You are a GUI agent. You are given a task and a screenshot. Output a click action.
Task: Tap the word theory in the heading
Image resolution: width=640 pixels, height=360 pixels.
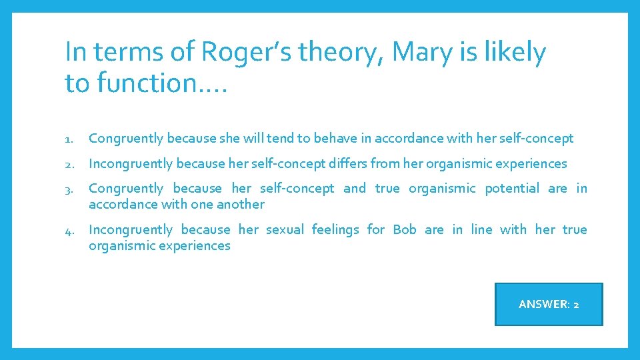point(330,53)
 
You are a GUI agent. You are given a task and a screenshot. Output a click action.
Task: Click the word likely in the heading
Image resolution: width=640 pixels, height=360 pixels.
point(513,53)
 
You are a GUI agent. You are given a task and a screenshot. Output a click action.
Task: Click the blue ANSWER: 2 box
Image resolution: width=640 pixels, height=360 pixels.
point(549,304)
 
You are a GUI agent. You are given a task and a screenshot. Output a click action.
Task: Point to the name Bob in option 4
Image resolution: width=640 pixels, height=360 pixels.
point(404,230)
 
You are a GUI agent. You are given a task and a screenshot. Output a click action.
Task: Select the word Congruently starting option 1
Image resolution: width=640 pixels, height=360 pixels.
point(126,139)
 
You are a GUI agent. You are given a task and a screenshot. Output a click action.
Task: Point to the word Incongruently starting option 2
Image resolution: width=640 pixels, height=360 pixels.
point(131,164)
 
